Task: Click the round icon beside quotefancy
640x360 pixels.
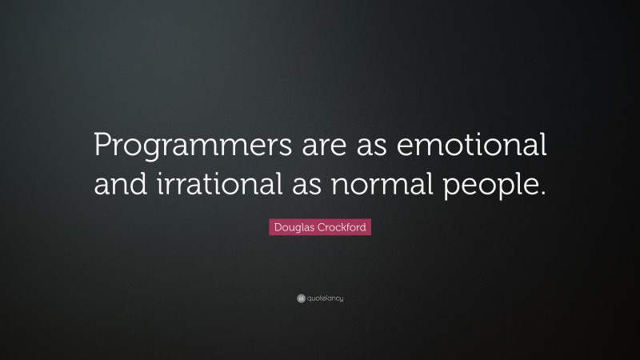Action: pos(300,298)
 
